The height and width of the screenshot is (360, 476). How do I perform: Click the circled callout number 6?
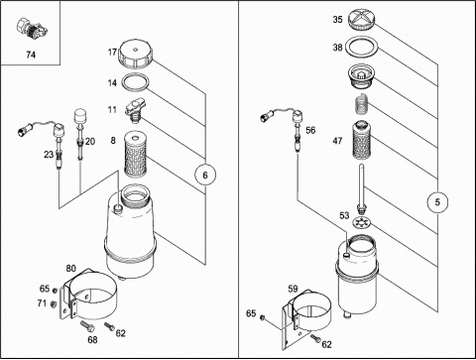205,175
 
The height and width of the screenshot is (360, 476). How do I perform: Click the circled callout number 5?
437,201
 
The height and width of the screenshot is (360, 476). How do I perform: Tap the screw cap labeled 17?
136,55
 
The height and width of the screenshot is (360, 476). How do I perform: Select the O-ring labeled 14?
135,81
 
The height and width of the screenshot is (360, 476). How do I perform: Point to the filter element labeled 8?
136,153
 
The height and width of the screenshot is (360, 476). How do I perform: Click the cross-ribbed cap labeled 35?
362,20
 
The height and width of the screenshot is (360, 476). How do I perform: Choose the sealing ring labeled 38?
362,48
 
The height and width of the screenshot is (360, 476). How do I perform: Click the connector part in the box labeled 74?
30,29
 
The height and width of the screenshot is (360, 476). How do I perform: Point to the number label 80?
70,268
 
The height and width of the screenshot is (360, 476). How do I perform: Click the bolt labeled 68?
87,325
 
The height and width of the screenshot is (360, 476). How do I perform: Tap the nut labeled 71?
53,303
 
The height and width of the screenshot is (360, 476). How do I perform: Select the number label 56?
310,130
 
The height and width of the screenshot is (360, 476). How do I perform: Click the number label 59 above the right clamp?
293,289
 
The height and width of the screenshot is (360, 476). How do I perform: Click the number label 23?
49,155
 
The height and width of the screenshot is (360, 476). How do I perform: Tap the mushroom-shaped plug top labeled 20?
80,116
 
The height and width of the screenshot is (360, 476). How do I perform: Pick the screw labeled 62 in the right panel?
315,338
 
